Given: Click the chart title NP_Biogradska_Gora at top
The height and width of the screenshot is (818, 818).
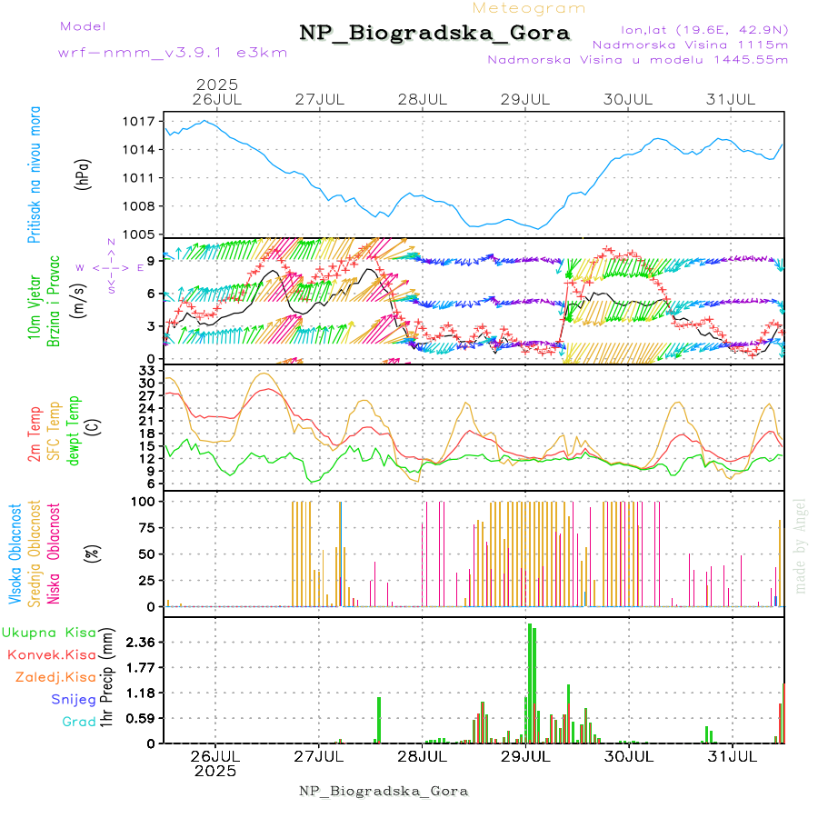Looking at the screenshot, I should pos(434,34).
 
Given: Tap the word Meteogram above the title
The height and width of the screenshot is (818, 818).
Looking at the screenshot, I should pos(530,8).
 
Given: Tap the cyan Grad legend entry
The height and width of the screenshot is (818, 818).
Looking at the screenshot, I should pos(78,723).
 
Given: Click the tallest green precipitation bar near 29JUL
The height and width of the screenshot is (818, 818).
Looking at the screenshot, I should pos(530,682).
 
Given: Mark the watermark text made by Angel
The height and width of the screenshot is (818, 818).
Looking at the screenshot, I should pos(801,545).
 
